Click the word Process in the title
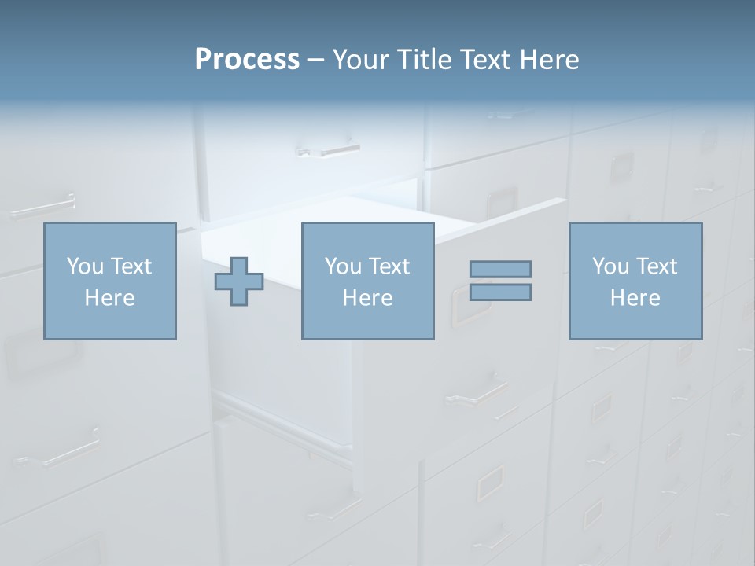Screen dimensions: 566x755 tap(247, 60)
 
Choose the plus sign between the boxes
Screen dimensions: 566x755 tap(239, 281)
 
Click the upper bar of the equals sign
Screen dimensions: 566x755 tap(500, 269)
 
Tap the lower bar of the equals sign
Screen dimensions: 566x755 tap(500, 292)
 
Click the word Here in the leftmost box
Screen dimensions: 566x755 tap(109, 298)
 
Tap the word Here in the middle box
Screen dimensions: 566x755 tap(367, 298)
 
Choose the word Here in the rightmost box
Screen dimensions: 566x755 tap(635, 298)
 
